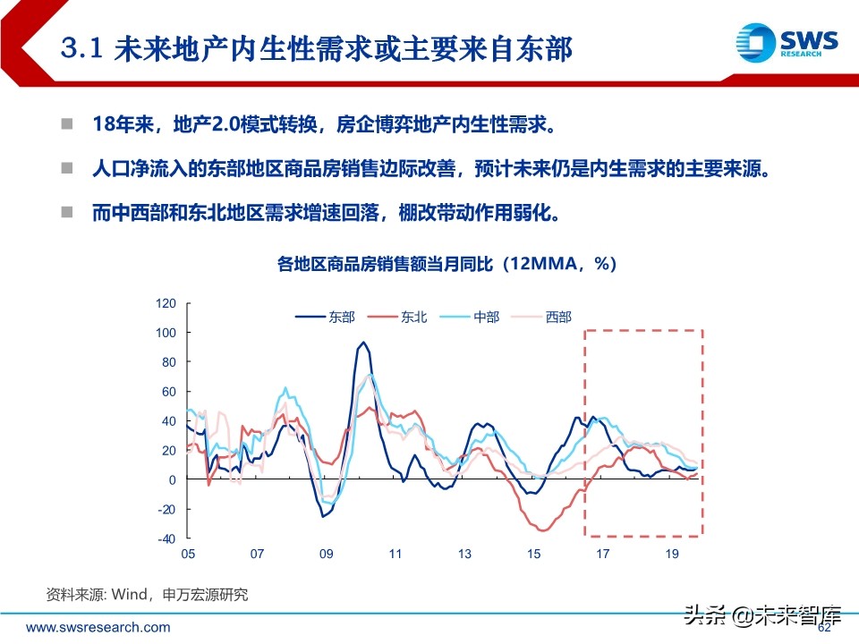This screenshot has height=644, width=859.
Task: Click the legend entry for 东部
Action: [x=327, y=317]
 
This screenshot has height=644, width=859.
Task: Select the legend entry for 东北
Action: [x=399, y=317]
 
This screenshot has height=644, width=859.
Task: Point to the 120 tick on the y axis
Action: [x=166, y=303]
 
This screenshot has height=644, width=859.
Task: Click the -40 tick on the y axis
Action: [x=166, y=538]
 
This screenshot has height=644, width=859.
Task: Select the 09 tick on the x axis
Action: [x=327, y=555]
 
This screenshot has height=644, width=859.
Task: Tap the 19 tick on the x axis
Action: [x=673, y=555]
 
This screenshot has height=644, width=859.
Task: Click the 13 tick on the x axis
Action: [x=465, y=555]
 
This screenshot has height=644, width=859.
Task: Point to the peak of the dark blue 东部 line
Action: [x=363, y=343]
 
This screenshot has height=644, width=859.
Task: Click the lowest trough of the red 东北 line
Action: [x=544, y=530]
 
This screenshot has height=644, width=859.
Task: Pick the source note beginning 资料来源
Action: [x=147, y=594]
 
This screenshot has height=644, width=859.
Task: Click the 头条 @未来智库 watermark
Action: [x=762, y=616]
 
